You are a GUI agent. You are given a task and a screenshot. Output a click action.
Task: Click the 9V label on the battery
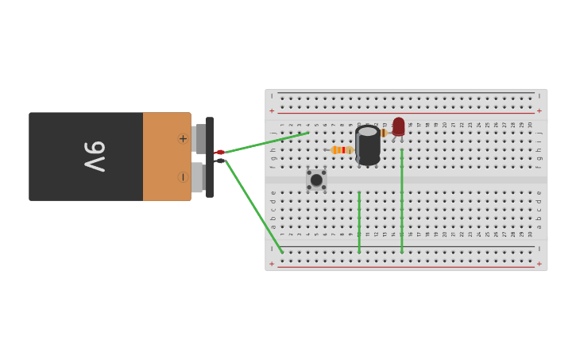(95, 157)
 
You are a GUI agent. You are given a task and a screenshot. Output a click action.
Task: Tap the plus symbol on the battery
(183, 138)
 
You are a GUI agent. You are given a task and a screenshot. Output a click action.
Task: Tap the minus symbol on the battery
(183, 176)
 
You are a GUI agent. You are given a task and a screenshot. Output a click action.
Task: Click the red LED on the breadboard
(398, 126)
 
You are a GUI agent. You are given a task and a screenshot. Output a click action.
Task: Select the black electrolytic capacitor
(368, 145)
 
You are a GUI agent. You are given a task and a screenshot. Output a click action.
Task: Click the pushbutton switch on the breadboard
(316, 180)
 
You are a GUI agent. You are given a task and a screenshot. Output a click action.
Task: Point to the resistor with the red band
(342, 149)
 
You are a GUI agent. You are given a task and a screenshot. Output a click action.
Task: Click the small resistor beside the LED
(385, 134)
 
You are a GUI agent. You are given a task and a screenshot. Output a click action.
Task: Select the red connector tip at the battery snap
(220, 152)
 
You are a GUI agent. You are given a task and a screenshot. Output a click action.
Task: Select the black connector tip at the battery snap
(220, 161)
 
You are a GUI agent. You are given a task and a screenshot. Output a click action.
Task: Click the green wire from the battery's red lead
(266, 142)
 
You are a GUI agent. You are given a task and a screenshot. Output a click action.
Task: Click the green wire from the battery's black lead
(254, 207)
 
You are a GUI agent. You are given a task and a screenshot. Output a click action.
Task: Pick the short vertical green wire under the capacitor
(359, 223)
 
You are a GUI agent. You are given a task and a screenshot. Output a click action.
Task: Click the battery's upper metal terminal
(199, 139)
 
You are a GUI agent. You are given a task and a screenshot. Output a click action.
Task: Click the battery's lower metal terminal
(197, 177)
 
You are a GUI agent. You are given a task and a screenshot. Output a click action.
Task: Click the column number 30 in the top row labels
(530, 125)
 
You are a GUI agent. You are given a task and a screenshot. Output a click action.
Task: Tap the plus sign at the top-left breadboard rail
(272, 110)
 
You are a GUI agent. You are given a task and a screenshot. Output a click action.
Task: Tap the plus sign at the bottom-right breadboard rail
(539, 264)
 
